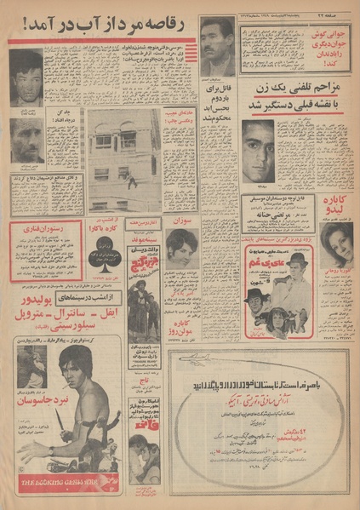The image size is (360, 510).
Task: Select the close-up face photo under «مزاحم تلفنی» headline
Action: pos(258,150)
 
